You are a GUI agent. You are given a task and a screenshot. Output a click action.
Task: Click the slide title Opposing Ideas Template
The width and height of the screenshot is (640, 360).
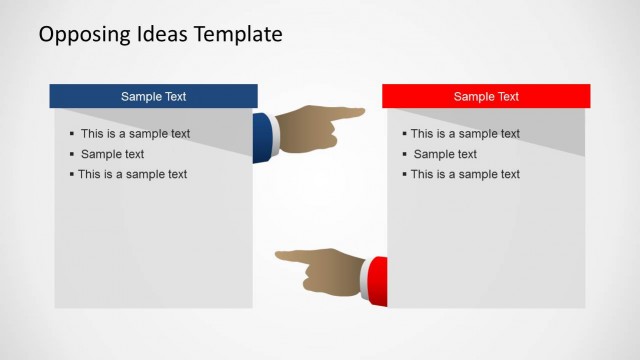click(x=160, y=35)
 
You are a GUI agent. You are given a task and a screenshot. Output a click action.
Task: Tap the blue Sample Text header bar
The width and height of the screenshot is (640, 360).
click(x=153, y=97)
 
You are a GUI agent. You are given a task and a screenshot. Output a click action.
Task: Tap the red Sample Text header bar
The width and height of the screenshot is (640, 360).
click(x=486, y=97)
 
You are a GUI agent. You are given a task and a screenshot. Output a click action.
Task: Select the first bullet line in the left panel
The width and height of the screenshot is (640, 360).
click(x=135, y=134)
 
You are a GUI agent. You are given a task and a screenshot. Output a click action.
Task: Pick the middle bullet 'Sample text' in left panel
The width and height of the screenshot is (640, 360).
click(x=112, y=154)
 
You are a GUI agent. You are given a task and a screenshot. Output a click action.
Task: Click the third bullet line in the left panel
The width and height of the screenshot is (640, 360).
click(x=132, y=174)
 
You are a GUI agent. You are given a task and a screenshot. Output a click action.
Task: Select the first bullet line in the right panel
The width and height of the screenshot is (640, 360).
click(x=465, y=134)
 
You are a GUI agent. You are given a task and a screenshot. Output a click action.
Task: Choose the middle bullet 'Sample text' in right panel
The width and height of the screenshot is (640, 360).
click(x=445, y=154)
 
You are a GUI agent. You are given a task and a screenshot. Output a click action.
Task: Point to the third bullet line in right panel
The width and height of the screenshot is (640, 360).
click(x=465, y=174)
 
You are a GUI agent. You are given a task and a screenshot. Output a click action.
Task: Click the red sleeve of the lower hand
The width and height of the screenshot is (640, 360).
click(x=379, y=280)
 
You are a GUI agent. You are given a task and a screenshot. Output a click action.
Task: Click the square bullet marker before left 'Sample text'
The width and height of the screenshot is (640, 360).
click(x=72, y=154)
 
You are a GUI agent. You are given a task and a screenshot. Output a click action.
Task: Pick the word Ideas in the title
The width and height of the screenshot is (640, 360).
click(x=158, y=35)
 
